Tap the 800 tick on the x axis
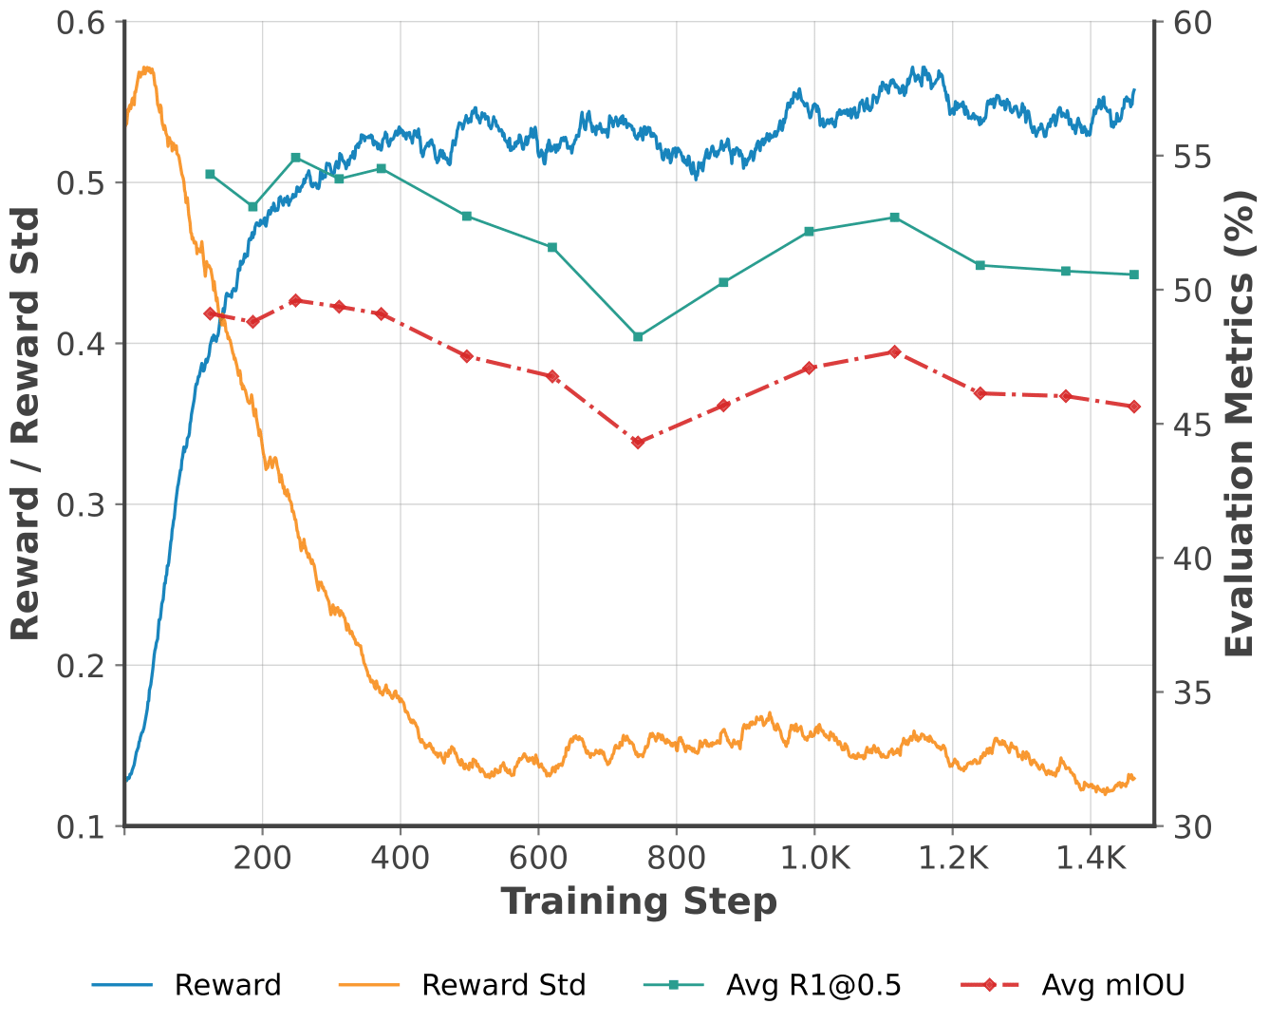677,859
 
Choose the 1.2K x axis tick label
953,859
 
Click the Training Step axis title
639,901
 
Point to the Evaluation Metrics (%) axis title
1239,424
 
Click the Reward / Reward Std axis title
26,424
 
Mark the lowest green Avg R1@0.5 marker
638,336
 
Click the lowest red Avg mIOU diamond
638,442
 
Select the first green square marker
211,174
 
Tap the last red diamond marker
1133,407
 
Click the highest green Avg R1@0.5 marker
295,158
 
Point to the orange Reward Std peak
146,68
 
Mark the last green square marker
1133,275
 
